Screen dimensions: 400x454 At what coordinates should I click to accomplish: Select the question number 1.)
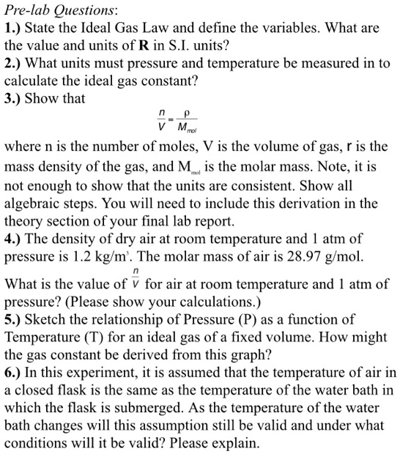[14, 30]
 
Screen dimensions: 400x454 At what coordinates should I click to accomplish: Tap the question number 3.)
[14, 98]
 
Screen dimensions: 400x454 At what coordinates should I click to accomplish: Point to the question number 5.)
[14, 320]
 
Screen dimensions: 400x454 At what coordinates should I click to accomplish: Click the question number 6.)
[14, 374]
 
